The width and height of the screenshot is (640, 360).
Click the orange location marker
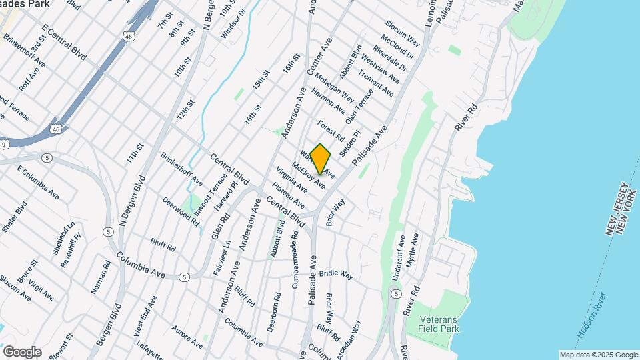pyautogui.click(x=321, y=159)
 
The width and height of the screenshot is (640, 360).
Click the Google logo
pyautogui.click(x=22, y=352)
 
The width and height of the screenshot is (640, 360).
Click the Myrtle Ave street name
pyautogui.click(x=414, y=247)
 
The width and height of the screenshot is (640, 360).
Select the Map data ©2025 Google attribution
pyautogui.click(x=598, y=355)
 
